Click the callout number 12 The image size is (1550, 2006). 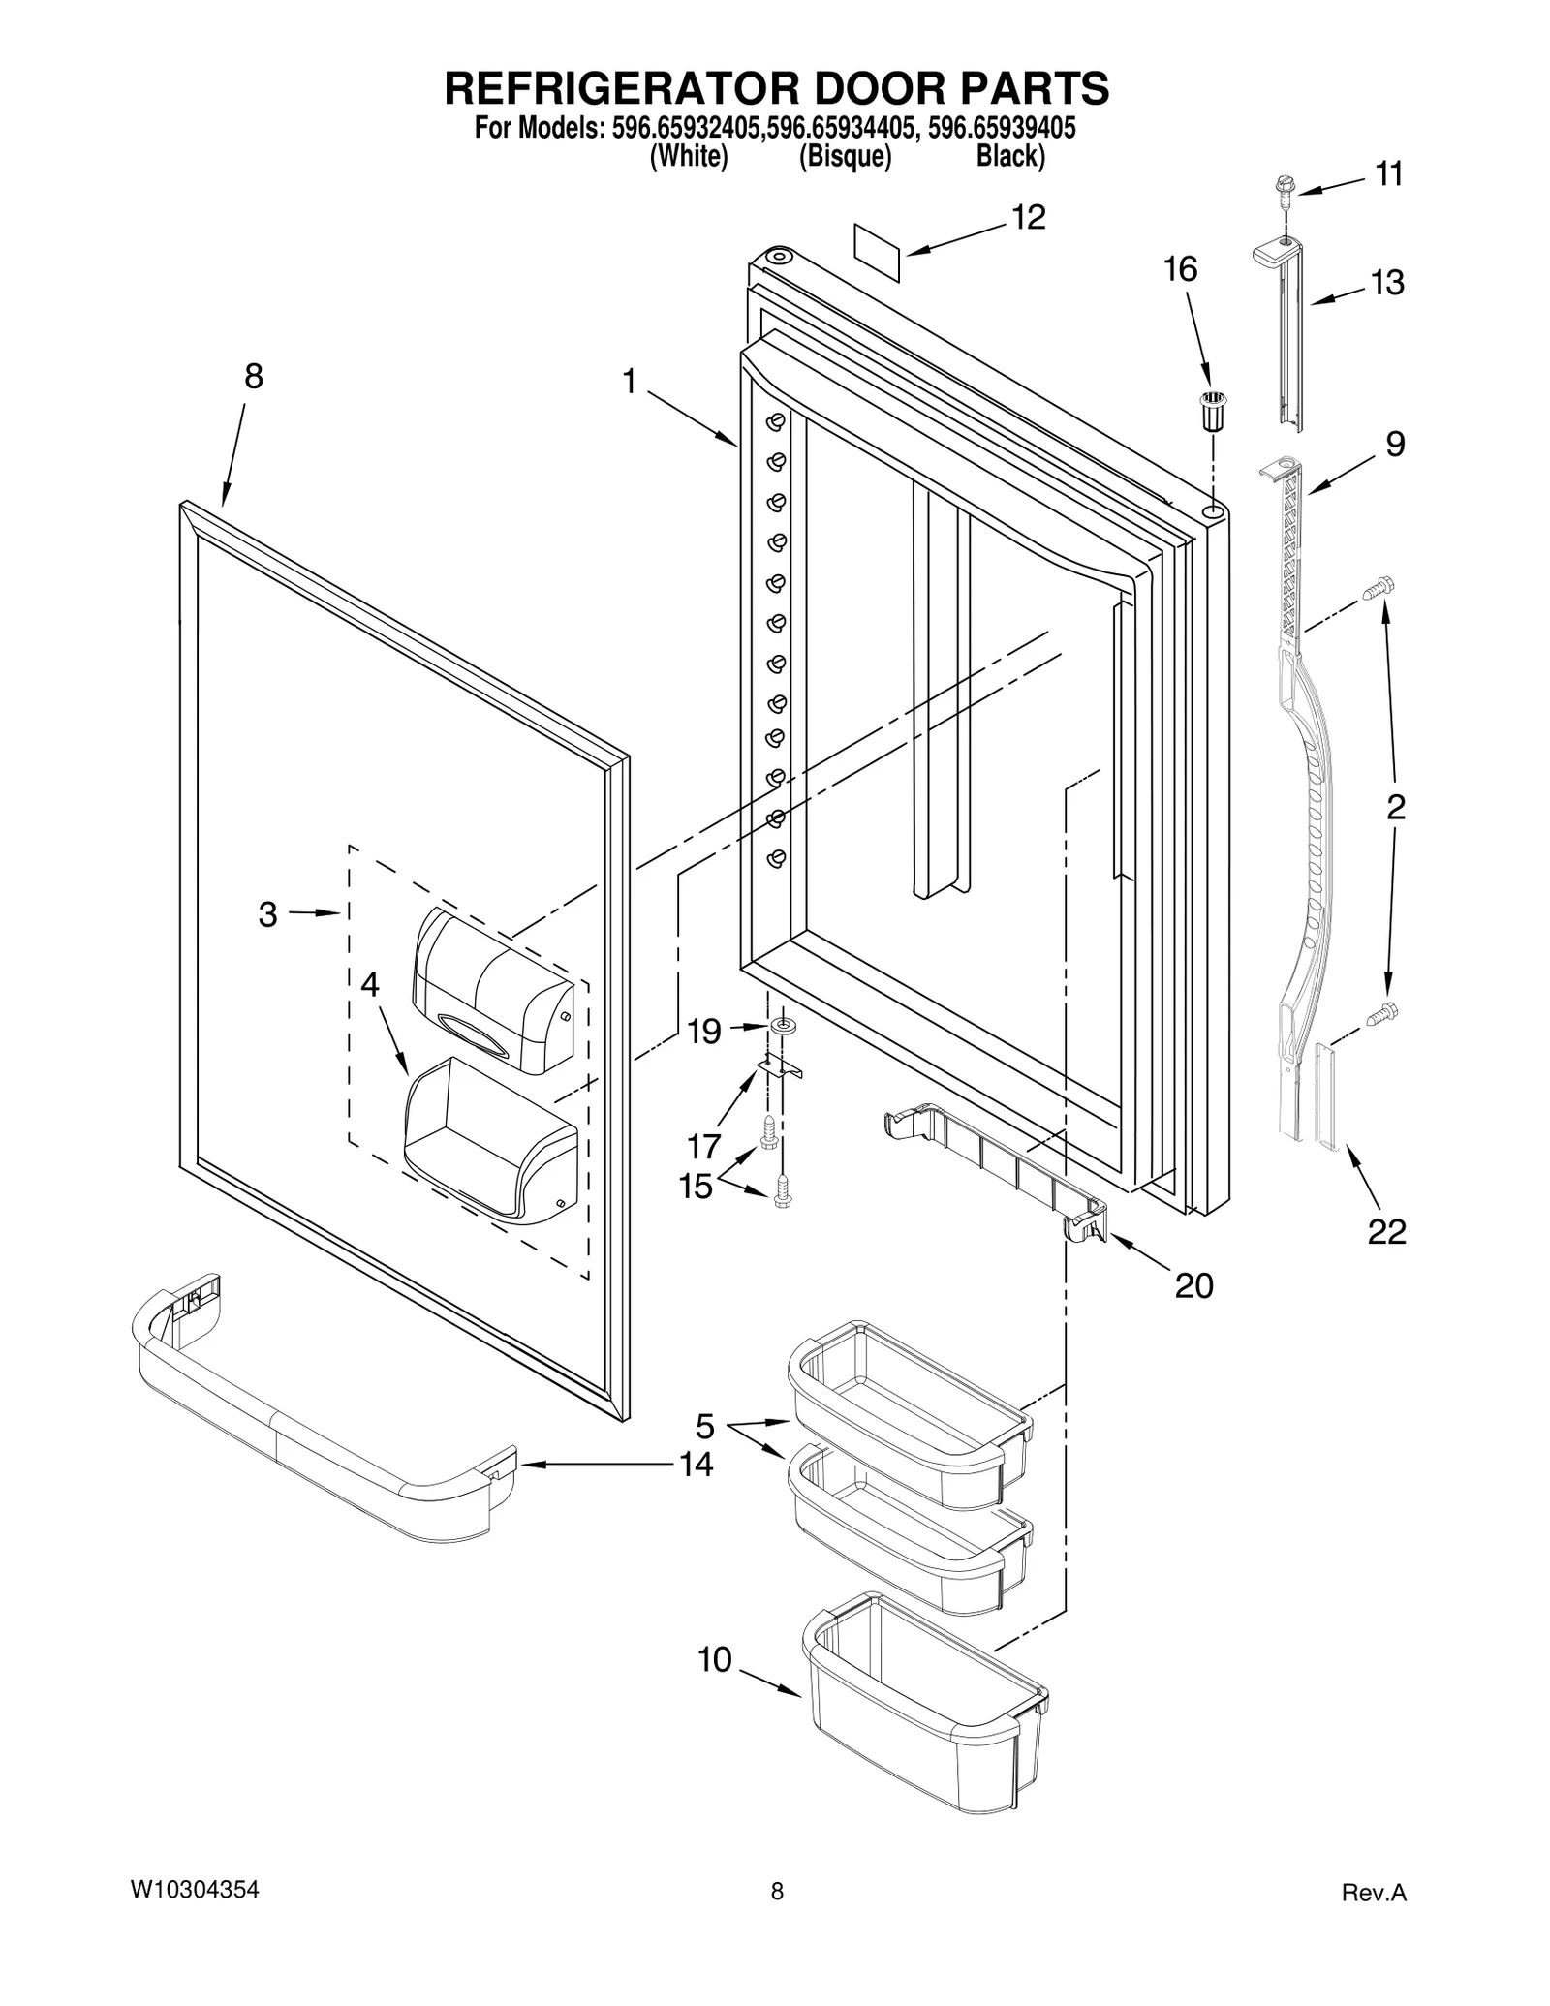click(x=1029, y=218)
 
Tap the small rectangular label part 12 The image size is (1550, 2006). click(x=877, y=252)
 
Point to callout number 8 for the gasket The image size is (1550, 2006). click(x=253, y=377)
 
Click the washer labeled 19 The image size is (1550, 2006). click(x=782, y=1026)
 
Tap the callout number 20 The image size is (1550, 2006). click(x=1193, y=1285)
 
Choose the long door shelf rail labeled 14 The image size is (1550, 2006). click(x=320, y=1419)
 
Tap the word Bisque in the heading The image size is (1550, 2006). click(x=845, y=156)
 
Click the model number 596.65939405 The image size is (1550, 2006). click(x=1002, y=128)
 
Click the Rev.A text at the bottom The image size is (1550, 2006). click(x=1373, y=1893)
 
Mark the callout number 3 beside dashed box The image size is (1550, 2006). click(x=268, y=913)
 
